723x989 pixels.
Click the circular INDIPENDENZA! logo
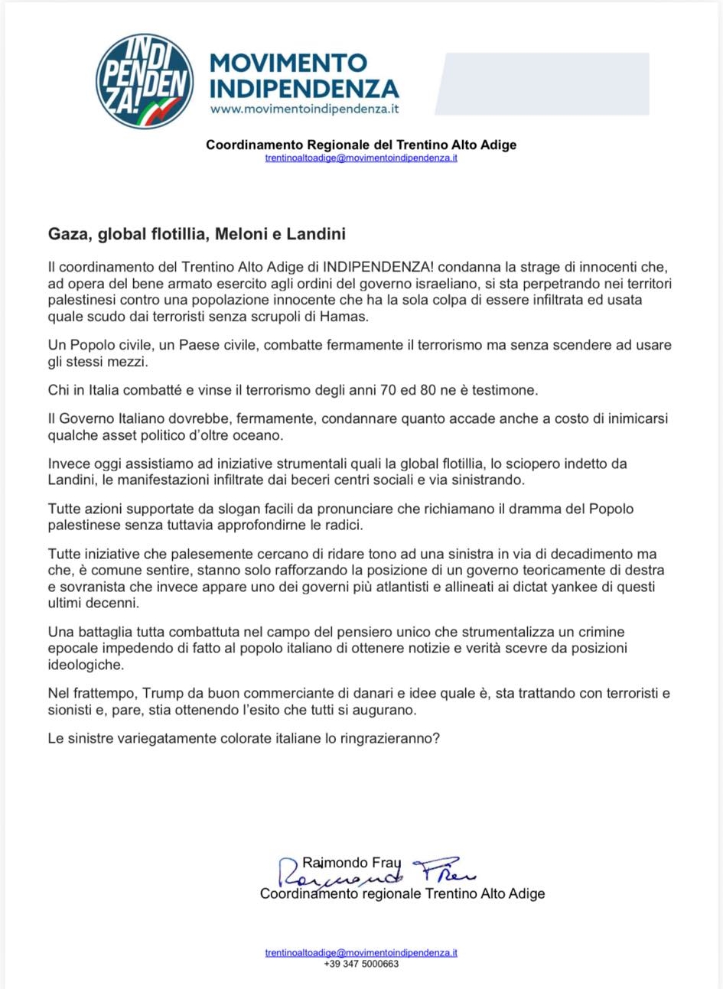click(144, 80)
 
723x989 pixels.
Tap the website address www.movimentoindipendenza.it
click(305, 109)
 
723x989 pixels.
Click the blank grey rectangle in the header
click(542, 83)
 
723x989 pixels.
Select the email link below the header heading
click(361, 158)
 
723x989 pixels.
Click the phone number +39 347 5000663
click(361, 964)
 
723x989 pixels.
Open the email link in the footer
click(361, 953)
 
